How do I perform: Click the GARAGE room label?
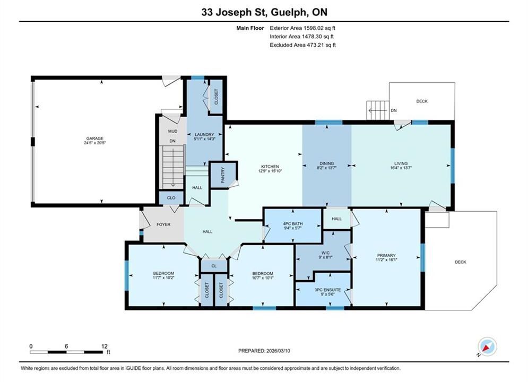(x=94, y=138)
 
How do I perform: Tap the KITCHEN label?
(x=270, y=167)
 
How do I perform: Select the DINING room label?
(x=327, y=163)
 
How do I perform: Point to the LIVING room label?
(x=401, y=163)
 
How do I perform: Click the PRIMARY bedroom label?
(x=386, y=255)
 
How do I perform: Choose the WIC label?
(x=325, y=253)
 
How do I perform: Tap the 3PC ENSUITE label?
(x=327, y=290)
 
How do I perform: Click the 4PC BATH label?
(x=292, y=223)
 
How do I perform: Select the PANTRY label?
(x=222, y=175)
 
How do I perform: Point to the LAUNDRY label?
(x=204, y=134)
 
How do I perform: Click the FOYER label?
(x=163, y=224)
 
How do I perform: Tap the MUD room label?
(x=173, y=131)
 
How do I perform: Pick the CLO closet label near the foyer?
(x=171, y=198)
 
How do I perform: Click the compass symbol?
(x=487, y=346)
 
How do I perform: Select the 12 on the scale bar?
(x=105, y=346)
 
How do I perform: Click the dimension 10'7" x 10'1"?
(x=263, y=278)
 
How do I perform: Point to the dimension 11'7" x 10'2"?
(x=163, y=277)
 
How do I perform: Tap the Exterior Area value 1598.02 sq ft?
(x=320, y=28)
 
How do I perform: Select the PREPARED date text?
(x=264, y=351)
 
